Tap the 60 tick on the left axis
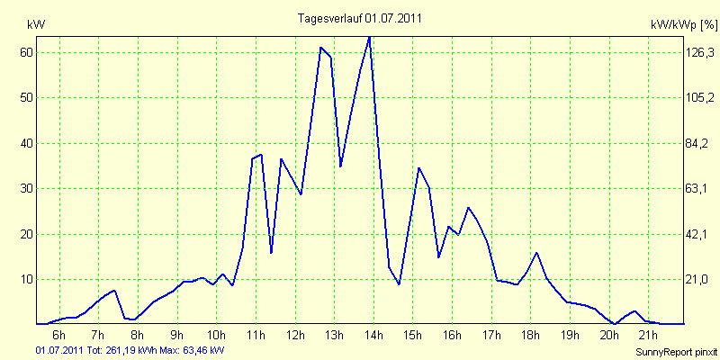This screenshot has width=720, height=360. (x=27, y=52)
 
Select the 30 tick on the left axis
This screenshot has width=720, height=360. (x=27, y=188)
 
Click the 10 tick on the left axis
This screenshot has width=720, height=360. (x=27, y=279)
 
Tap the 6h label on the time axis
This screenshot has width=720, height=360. (x=59, y=336)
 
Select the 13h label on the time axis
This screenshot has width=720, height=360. (x=333, y=336)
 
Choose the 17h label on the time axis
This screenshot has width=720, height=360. (x=490, y=336)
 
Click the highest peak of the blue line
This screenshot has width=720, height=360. (x=369, y=37)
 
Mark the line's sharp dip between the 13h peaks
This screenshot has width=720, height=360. (x=340, y=166)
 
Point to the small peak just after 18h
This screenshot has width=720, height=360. (x=536, y=253)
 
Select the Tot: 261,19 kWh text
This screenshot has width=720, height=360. (x=116, y=349)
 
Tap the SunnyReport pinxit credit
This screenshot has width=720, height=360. (x=676, y=350)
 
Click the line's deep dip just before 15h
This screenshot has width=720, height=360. (x=399, y=284)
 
